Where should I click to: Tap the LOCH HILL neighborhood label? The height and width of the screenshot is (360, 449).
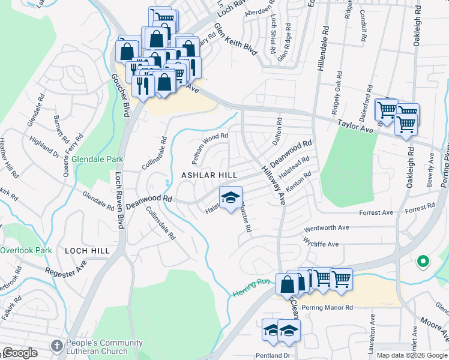pos(88,251)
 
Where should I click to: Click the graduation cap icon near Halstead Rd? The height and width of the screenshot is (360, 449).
pos(230,198)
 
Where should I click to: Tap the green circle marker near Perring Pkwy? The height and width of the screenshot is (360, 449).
pos(423,261)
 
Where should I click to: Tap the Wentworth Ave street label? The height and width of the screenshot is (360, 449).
pos(327,228)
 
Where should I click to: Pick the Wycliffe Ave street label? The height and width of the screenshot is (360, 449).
pos(321,244)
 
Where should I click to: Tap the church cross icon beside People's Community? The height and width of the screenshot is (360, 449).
pos(56,346)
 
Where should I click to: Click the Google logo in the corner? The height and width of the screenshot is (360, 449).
pos(20,353)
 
